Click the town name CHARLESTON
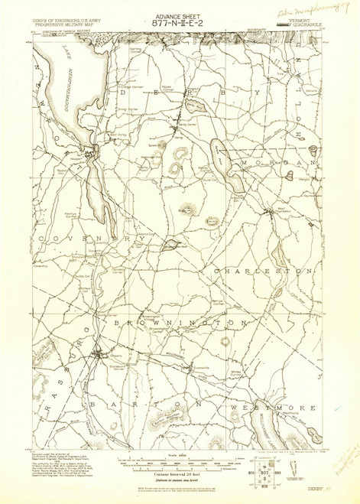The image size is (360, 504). pos(264,271)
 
